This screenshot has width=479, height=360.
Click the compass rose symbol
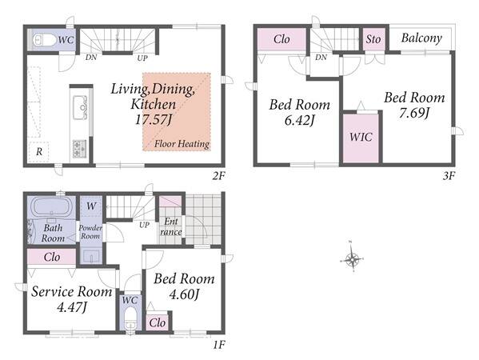point(352,259)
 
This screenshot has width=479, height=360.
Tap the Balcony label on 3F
point(421,38)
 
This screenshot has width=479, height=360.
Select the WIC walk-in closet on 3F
point(361,138)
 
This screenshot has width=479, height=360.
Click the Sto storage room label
point(373,39)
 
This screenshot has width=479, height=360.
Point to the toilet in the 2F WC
point(42,40)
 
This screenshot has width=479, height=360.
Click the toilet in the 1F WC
point(131,318)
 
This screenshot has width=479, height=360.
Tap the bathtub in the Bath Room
point(51,207)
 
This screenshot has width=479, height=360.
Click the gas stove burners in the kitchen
point(79,147)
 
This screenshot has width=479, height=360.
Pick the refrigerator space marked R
point(39,151)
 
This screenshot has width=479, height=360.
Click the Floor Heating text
point(182,144)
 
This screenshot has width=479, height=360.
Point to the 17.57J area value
point(154,119)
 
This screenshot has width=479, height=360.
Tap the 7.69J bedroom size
point(414,114)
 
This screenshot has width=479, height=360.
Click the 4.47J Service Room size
point(72,307)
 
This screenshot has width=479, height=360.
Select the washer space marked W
point(90,206)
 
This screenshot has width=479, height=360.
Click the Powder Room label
point(90,232)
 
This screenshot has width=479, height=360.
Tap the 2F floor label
point(218,176)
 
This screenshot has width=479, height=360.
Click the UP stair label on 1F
point(144,225)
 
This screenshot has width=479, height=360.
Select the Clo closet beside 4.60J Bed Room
point(158,322)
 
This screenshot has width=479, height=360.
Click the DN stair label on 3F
point(321,57)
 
